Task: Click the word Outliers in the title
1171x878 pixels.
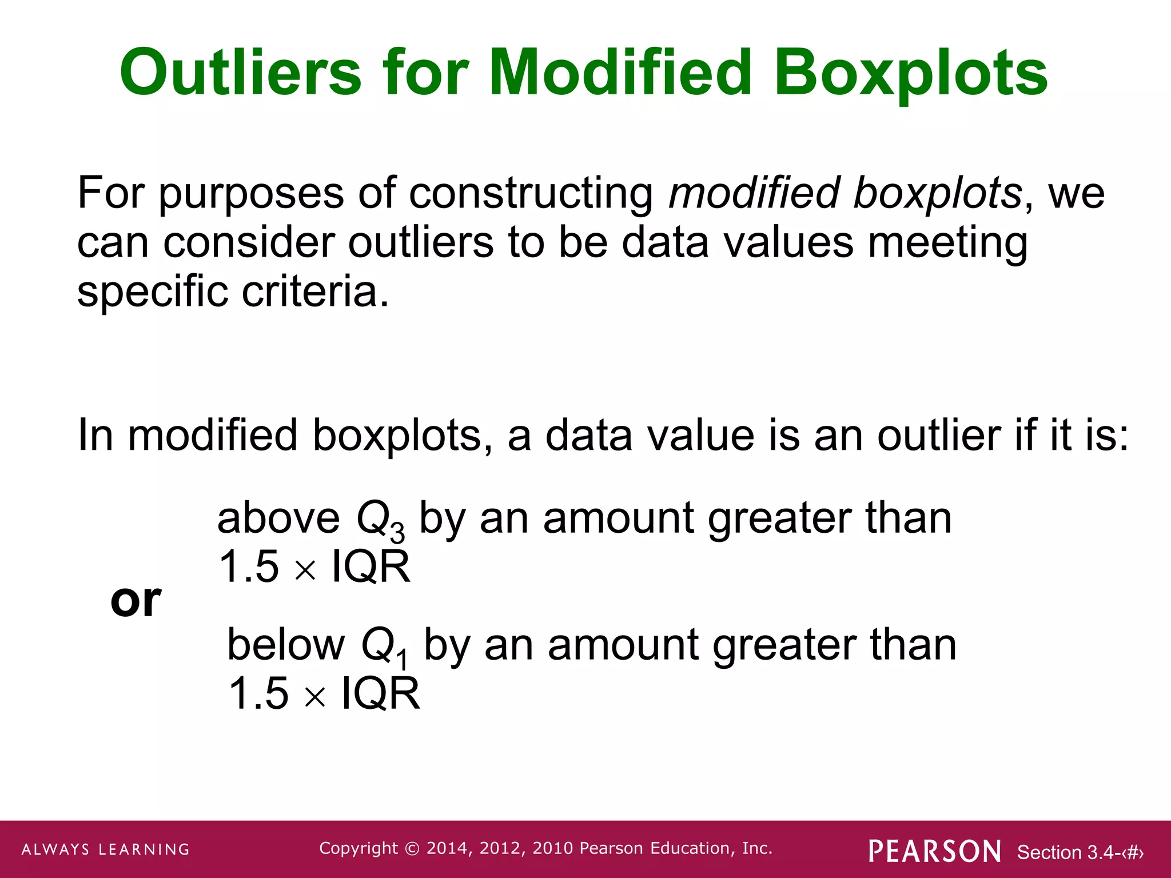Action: tap(240, 73)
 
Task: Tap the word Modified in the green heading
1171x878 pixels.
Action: tap(620, 73)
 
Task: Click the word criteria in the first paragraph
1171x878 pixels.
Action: tap(314, 292)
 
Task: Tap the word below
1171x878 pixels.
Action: tap(286, 645)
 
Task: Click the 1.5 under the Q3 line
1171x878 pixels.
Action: tap(249, 567)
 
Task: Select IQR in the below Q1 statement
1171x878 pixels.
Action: tap(380, 694)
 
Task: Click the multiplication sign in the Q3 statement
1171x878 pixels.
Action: tap(305, 570)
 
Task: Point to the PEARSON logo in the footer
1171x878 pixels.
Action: tap(935, 851)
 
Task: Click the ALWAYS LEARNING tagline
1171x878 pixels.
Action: tap(106, 849)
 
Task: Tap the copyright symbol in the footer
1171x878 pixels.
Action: tap(412, 849)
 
